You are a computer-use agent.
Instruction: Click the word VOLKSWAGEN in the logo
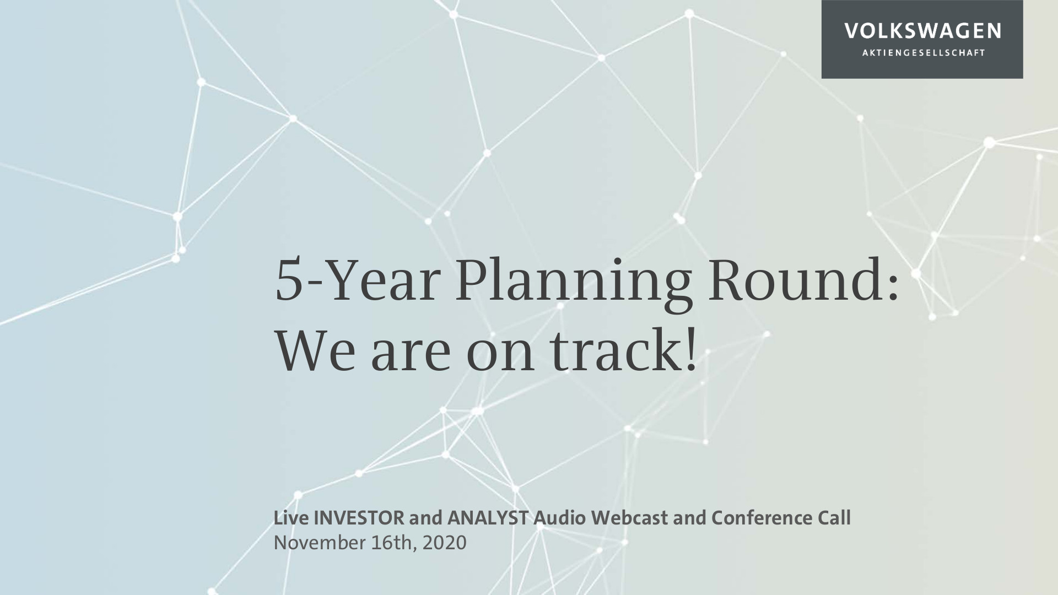click(x=922, y=31)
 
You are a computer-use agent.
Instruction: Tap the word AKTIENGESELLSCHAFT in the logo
click(x=922, y=53)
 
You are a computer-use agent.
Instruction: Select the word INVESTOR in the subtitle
click(x=358, y=518)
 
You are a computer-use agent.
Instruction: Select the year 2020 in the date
click(x=445, y=543)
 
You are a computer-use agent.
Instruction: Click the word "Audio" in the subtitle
click(x=560, y=518)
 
